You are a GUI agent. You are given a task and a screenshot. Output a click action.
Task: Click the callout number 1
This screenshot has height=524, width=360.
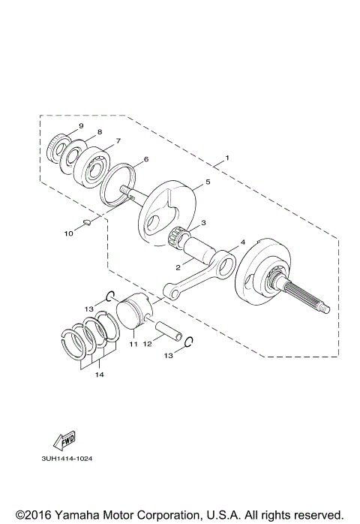(x=225, y=159)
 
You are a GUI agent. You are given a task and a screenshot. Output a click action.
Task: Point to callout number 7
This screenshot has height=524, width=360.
(x=117, y=140)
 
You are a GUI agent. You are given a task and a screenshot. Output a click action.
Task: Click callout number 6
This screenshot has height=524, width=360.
(x=145, y=159)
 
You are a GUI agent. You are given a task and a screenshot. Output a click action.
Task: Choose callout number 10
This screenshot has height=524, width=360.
(x=68, y=233)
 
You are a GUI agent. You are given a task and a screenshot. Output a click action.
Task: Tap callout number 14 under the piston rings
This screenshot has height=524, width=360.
(x=99, y=375)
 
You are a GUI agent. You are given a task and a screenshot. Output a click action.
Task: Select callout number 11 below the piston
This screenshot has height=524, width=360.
(x=133, y=345)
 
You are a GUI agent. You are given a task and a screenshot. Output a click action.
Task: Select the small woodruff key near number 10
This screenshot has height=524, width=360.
(x=86, y=222)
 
